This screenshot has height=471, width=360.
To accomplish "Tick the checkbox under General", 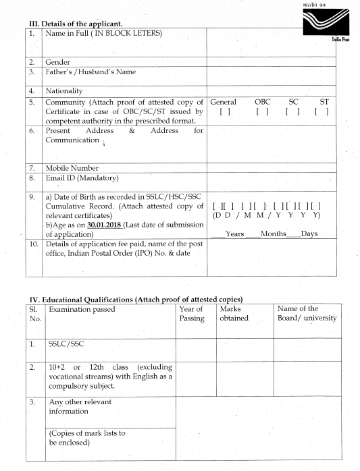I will point(224,112).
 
